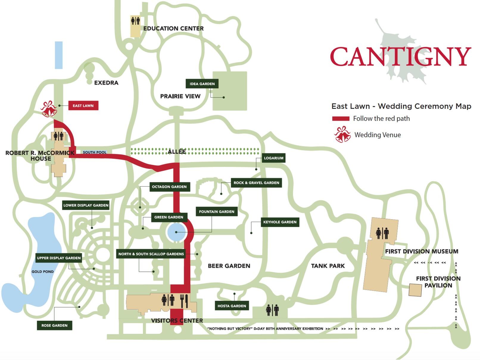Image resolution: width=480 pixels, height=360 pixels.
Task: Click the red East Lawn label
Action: click(x=83, y=105)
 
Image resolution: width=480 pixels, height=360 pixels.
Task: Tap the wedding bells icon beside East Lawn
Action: click(x=49, y=109)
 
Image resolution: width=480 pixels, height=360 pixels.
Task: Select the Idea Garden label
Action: click(x=202, y=84)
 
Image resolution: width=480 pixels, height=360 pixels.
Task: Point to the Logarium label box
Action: click(x=274, y=158)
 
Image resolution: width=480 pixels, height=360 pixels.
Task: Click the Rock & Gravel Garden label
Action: click(x=256, y=182)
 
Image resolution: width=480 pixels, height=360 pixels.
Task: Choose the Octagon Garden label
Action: click(x=169, y=187)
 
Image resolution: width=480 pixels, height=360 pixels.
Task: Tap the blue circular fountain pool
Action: click(x=177, y=232)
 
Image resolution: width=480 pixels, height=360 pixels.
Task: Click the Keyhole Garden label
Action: click(x=280, y=222)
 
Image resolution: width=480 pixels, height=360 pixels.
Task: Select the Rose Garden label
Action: click(x=54, y=325)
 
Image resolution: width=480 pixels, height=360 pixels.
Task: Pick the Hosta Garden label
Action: click(x=232, y=306)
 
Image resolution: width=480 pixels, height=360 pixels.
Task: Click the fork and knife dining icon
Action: click(x=184, y=301)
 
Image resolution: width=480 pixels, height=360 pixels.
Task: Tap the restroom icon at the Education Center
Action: click(x=135, y=21)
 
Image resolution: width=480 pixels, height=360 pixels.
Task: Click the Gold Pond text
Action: click(x=43, y=271)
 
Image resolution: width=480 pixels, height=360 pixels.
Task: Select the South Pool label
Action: click(x=94, y=152)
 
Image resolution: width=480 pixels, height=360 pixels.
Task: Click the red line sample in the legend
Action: click(x=341, y=119)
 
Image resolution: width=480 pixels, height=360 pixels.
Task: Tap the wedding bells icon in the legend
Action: click(x=342, y=134)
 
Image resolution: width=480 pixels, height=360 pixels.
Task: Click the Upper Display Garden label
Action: click(x=59, y=258)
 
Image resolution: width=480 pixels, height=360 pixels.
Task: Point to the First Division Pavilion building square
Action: click(x=415, y=290)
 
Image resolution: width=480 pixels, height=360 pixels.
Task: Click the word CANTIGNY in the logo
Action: click(x=400, y=56)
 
